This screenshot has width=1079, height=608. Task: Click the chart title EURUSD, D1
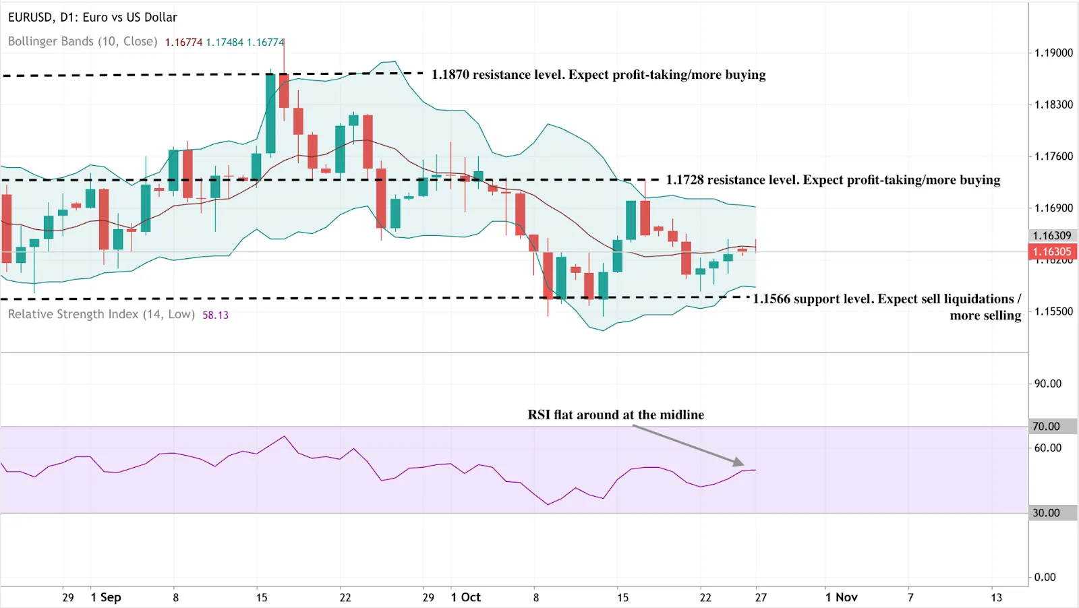(x=92, y=18)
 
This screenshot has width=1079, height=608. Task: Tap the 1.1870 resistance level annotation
(x=598, y=75)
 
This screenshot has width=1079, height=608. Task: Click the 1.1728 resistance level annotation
(x=833, y=180)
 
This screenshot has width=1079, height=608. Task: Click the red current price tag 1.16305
(x=1052, y=252)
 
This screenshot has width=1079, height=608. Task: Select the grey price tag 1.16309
(x=1052, y=235)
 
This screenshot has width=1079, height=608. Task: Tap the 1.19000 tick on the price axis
(x=1053, y=53)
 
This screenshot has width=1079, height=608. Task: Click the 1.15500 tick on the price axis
(x=1053, y=311)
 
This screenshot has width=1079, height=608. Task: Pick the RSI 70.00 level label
(x=1046, y=426)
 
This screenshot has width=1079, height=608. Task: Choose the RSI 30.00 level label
(x=1046, y=513)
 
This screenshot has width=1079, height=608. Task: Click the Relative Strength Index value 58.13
(x=215, y=315)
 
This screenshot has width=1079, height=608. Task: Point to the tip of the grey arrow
(x=743, y=464)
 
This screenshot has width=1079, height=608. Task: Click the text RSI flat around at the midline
(x=616, y=415)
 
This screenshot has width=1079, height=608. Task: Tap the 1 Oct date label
(x=466, y=597)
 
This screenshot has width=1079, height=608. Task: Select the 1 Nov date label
(x=841, y=597)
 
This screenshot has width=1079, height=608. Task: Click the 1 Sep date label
(x=106, y=597)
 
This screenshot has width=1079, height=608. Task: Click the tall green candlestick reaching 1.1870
(x=270, y=113)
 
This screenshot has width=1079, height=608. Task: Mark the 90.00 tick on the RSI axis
(x=1047, y=384)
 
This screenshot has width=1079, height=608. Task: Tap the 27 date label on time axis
(x=761, y=597)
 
